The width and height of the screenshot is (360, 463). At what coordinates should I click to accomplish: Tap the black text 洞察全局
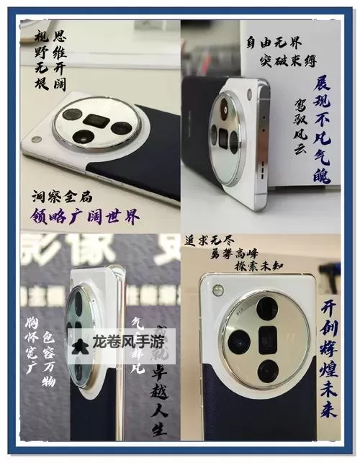pos(63,195)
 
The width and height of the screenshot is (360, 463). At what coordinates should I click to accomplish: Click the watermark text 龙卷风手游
pos(127,343)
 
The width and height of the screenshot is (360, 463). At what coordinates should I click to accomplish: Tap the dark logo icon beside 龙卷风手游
pos(83,343)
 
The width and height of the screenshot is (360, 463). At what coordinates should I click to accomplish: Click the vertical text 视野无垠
pos(42,62)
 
